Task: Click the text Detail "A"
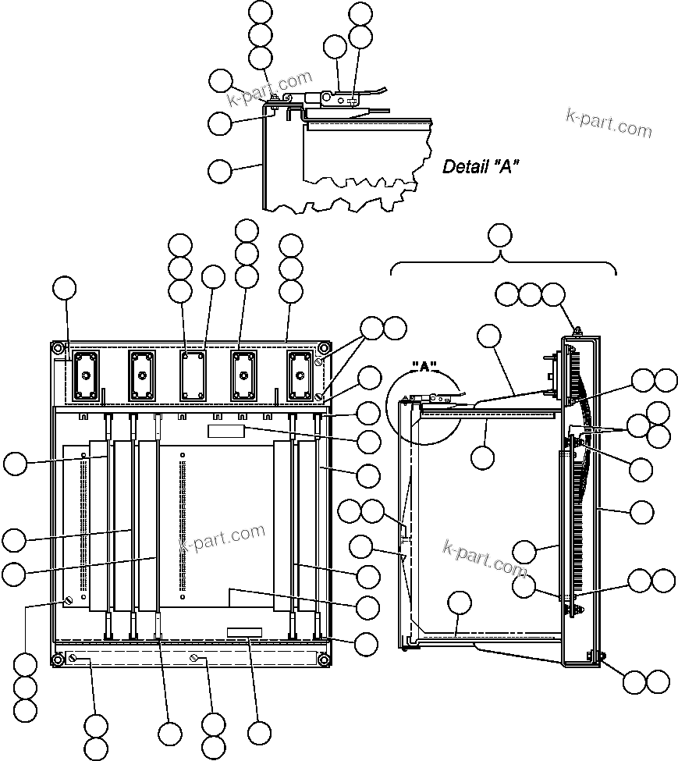click(x=481, y=166)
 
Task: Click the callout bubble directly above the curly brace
click(x=499, y=234)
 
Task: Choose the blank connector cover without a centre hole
click(x=192, y=375)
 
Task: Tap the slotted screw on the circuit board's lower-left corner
click(x=68, y=600)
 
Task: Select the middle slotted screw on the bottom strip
click(x=193, y=660)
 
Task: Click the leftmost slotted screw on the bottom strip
click(x=73, y=660)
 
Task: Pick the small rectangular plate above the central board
click(x=226, y=432)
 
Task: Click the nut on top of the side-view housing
click(x=574, y=330)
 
